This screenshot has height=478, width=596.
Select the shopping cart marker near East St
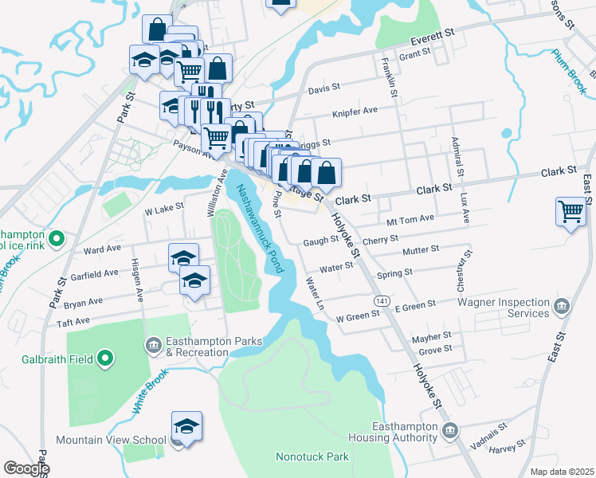(x=571, y=212)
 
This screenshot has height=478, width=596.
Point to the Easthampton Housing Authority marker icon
(x=450, y=431)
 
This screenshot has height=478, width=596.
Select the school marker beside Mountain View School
(x=186, y=426)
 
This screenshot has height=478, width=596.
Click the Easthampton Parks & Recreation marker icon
(x=152, y=345)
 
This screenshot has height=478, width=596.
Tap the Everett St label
(x=431, y=37)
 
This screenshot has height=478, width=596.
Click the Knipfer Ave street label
(x=355, y=111)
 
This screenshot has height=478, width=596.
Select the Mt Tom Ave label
(x=410, y=218)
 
